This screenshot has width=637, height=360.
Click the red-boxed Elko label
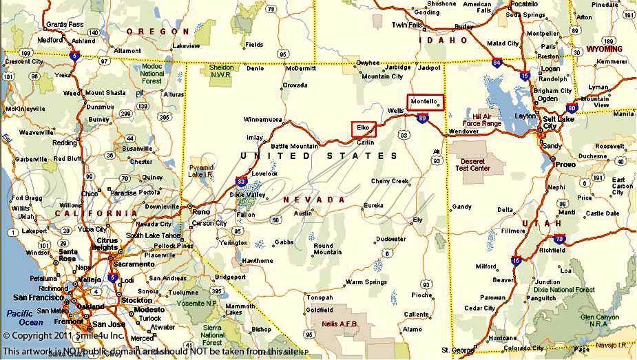pos(364,128)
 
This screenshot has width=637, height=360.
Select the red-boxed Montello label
pos(425,102)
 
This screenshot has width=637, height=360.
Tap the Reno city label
pos(200,212)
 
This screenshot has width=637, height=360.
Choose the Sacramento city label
pos(134,264)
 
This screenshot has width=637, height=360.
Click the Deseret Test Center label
pos(475,164)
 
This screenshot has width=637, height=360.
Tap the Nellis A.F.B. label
pos(337,323)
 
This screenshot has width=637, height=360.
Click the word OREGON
pos(158,32)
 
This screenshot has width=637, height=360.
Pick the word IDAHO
pos(444,41)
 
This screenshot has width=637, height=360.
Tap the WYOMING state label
pos(604,49)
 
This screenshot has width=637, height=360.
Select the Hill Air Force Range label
pos(482,120)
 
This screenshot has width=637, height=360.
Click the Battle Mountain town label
pos(294,146)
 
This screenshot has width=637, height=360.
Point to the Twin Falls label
pos(406,25)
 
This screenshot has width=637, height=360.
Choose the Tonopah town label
pos(320,297)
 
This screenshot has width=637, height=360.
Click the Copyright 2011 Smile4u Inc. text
pos(63,336)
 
